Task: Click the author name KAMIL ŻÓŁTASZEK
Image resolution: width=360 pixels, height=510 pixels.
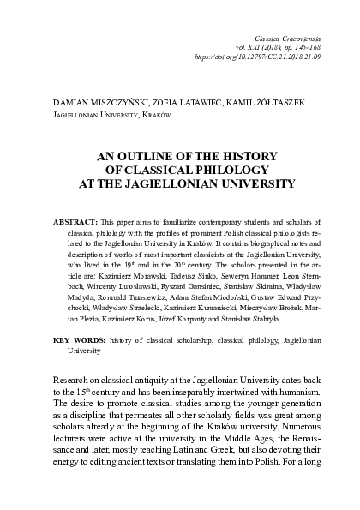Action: point(272,103)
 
